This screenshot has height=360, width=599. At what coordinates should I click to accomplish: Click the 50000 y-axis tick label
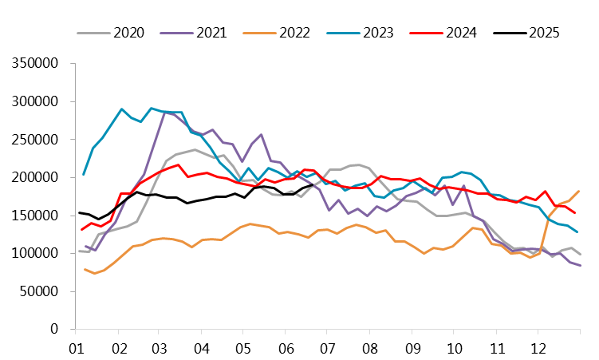tap(39, 291)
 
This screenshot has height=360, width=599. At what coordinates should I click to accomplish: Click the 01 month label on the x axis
tap(77, 348)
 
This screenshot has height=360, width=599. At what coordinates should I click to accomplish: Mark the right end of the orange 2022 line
tap(578, 191)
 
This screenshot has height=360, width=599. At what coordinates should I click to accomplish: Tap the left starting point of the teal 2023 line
tap(84, 174)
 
